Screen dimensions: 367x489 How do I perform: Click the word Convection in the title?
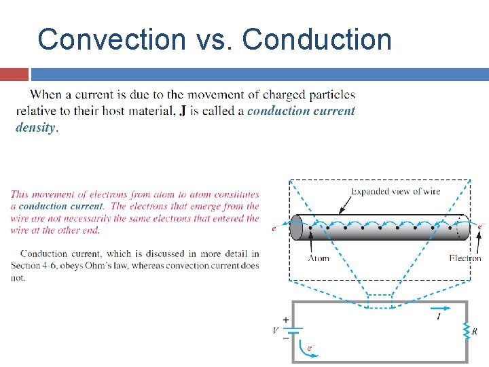pos(110,39)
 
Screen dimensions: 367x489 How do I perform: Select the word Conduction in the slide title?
pos(317,39)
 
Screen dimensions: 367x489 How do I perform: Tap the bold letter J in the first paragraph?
pos(183,111)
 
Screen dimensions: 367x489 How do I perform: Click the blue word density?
pos(35,127)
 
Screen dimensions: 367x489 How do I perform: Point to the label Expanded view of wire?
pos(396,191)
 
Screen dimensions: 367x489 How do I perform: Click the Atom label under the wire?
pos(319,258)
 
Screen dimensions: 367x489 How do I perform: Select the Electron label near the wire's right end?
pos(465,258)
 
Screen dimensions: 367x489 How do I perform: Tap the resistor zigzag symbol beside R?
pos(466,331)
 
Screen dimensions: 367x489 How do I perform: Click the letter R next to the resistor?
pos(474,332)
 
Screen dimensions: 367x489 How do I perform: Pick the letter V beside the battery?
pos(275,331)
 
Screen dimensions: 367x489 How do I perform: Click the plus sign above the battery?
pos(285,319)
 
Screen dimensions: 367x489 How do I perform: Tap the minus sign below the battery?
pos(285,337)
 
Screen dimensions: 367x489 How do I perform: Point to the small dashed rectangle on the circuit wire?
pos(380,300)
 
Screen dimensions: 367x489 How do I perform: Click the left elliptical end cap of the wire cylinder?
pos(296,228)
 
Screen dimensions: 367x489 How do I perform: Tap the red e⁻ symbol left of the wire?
pos(274,229)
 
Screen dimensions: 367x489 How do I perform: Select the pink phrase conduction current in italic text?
pos(61,206)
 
